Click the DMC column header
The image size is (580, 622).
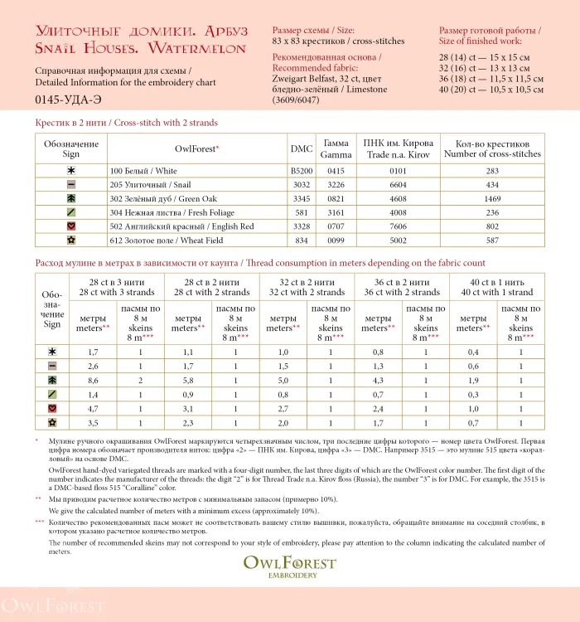click(x=302, y=149)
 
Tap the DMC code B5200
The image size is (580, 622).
click(x=302, y=171)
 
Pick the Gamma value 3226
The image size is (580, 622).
click(x=335, y=185)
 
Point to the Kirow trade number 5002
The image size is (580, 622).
click(x=399, y=240)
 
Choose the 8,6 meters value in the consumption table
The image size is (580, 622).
click(x=93, y=379)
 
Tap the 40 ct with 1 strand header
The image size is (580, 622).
click(x=497, y=286)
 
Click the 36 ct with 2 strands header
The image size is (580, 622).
click(x=402, y=286)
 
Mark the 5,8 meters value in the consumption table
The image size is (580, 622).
click(x=187, y=379)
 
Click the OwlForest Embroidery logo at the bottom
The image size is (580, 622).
click(x=290, y=566)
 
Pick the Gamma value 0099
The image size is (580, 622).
click(x=335, y=240)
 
